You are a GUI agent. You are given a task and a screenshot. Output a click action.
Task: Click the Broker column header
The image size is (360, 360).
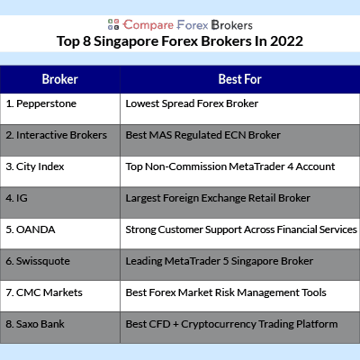point(60,79)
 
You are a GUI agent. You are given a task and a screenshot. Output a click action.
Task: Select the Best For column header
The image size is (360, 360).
point(240,79)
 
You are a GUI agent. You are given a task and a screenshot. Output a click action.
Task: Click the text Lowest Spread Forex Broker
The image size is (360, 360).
point(192,103)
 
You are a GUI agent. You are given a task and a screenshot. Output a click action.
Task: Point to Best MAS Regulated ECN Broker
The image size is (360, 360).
point(202,135)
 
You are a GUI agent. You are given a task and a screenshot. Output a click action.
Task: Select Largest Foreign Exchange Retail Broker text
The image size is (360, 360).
point(218,198)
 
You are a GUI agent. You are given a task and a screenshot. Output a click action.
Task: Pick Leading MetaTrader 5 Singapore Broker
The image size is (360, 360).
point(220,261)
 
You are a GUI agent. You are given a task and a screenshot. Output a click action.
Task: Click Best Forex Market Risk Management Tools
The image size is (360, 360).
point(226,292)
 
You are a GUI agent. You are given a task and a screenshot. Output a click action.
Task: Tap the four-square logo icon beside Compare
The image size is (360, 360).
point(113,24)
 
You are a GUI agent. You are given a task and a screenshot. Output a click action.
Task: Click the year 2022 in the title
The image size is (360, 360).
point(286,41)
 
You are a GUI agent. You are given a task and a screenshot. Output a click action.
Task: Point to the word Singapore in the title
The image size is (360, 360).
point(126,42)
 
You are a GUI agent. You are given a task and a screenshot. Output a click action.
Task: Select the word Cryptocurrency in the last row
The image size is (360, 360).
point(219,325)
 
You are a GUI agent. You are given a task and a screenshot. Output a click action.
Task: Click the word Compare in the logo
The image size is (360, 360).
point(148,25)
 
